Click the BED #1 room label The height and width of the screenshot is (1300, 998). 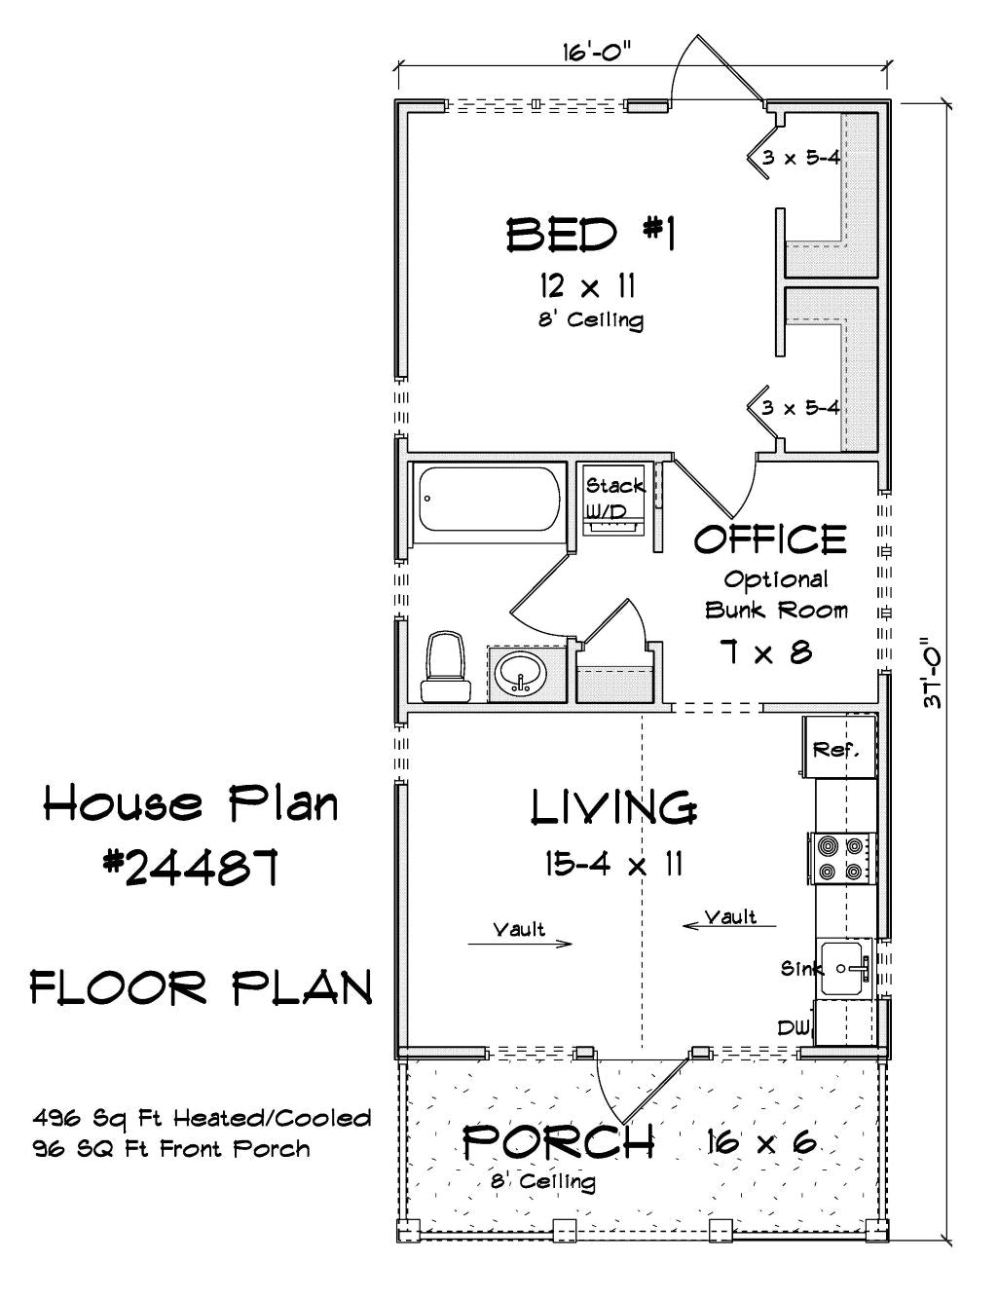(x=591, y=234)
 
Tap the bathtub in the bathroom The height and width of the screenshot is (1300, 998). (x=490, y=499)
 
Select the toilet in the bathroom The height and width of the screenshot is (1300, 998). (x=446, y=666)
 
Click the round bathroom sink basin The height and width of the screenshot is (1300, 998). (x=521, y=674)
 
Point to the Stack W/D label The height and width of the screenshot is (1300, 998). (x=614, y=498)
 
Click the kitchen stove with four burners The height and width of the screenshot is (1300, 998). (x=842, y=858)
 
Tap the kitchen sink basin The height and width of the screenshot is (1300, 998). (x=842, y=968)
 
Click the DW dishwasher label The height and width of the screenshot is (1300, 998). (x=794, y=1027)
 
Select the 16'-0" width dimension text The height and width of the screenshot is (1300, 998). (x=598, y=53)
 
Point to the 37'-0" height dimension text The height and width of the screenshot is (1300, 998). (x=932, y=673)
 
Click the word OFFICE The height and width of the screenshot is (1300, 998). (x=770, y=539)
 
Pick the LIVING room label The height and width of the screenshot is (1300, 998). (x=614, y=807)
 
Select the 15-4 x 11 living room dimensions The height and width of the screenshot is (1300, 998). (x=613, y=864)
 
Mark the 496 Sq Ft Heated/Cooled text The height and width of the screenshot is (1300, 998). (x=203, y=1118)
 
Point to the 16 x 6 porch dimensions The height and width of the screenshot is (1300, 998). (x=761, y=1142)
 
